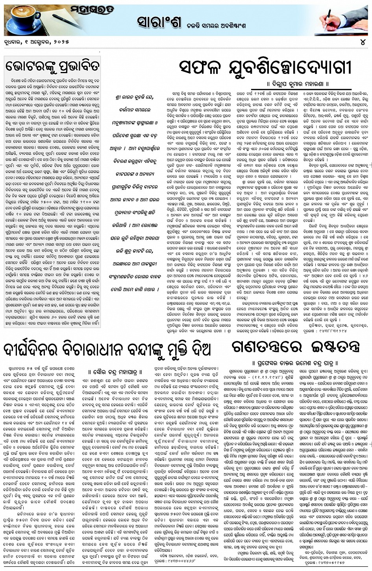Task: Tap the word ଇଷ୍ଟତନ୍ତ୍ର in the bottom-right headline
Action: click(x=331, y=346)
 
